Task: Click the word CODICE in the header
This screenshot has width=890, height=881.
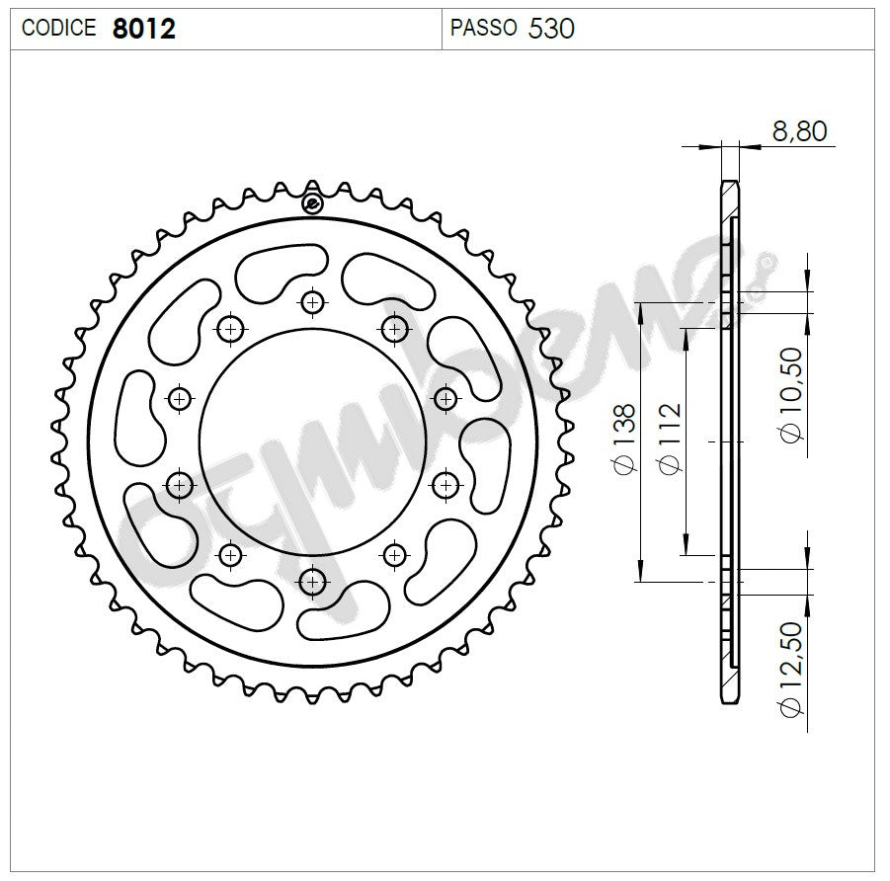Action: coord(58,29)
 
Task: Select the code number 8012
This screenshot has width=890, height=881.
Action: coord(143,29)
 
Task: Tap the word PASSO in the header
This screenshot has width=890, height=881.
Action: coord(483,29)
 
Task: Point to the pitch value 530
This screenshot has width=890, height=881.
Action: coord(551,29)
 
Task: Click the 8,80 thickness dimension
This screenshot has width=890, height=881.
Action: coord(799,131)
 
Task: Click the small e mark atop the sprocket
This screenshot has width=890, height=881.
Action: coord(312,204)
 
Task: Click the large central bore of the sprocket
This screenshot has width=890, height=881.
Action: coord(312,440)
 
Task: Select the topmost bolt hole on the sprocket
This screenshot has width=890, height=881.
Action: coord(312,301)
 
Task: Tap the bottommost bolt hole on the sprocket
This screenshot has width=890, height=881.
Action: coord(312,580)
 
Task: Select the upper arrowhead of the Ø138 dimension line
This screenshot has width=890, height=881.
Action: coord(641,309)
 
